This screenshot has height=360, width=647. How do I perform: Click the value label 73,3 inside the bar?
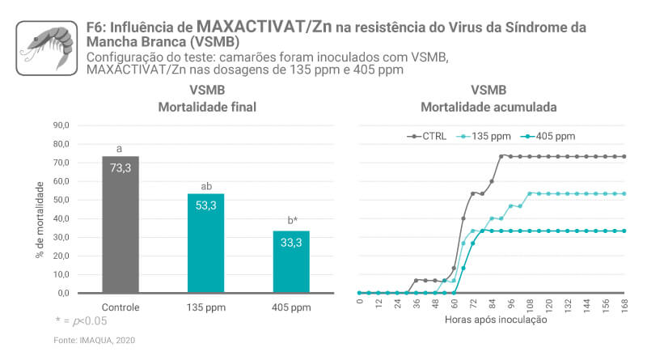[120, 167]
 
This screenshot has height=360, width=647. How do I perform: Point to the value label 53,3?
[205, 205]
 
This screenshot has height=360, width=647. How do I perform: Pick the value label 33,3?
[290, 242]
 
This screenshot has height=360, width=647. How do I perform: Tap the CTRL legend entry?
[425, 136]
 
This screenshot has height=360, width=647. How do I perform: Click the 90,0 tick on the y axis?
[61, 125]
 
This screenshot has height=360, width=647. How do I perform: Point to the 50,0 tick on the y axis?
[61, 200]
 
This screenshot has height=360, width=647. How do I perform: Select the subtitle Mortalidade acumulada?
[488, 107]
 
